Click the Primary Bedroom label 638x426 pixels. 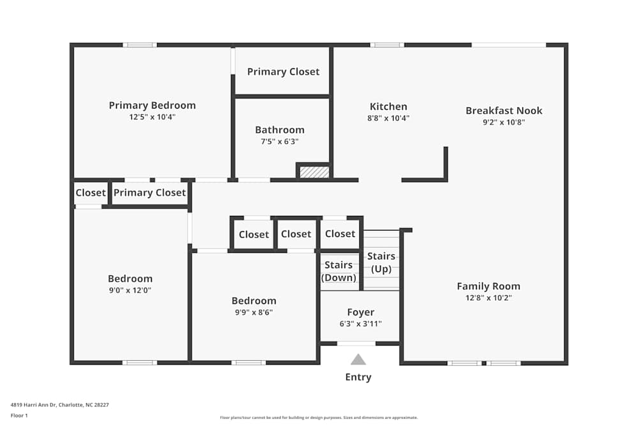[x=152, y=105]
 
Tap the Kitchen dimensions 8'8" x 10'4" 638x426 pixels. [x=389, y=118]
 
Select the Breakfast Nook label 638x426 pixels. [x=503, y=110]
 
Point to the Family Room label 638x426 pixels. [x=488, y=286]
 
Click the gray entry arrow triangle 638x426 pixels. [x=359, y=360]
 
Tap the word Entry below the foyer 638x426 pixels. [x=358, y=377]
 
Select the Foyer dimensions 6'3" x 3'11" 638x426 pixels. [x=360, y=324]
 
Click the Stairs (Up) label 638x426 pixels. [x=381, y=262]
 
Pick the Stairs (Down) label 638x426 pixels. [x=338, y=271]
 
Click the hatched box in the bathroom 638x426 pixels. [x=315, y=172]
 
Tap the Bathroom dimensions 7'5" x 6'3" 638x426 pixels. [x=279, y=142]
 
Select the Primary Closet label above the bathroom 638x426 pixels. [x=283, y=72]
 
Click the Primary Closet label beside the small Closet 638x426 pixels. [x=149, y=192]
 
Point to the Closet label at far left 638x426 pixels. [x=91, y=192]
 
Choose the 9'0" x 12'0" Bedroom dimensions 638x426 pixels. [x=130, y=290]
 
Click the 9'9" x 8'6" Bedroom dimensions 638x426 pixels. [x=254, y=312]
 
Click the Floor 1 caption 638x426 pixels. [x=19, y=415]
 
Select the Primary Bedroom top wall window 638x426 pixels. [x=140, y=45]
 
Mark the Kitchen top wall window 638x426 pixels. [x=387, y=45]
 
